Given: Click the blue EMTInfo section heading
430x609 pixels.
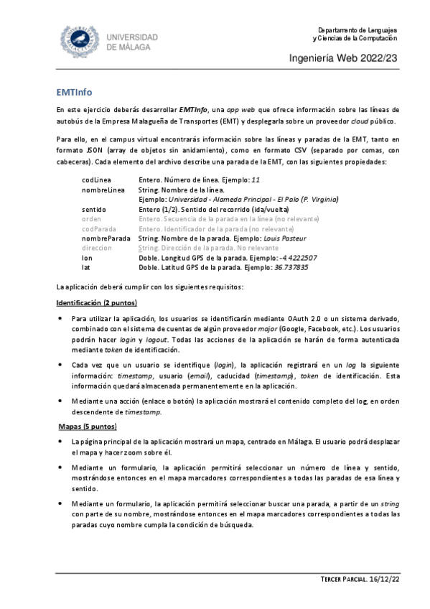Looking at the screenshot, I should tap(74, 93).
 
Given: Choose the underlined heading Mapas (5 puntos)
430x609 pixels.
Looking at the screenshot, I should tap(85, 427).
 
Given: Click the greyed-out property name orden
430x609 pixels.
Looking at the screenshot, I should tap(91, 218).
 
